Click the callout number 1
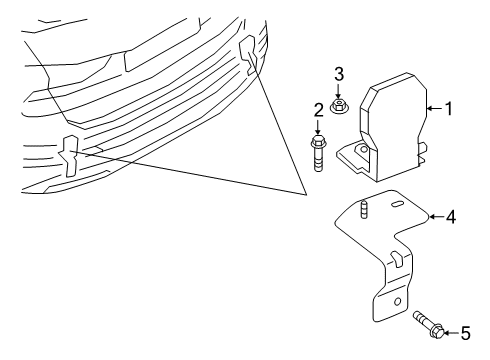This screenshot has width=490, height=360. (x=449, y=109)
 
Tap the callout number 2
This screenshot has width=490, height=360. (x=319, y=110)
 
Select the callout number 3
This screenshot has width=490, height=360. (x=339, y=74)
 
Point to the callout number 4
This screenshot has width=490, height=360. (x=451, y=217)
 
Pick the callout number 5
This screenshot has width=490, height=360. (x=465, y=333)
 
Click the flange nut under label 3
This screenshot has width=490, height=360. (x=339, y=107)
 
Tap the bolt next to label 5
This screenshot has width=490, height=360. (x=428, y=324)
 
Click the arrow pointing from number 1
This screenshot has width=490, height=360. (x=434, y=108)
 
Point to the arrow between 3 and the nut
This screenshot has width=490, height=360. (x=339, y=92)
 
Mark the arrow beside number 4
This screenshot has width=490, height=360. (x=436, y=217)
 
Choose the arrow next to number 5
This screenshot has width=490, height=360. (x=451, y=333)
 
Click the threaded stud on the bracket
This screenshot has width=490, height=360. (x=364, y=210)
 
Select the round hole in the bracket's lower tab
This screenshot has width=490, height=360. (x=397, y=302)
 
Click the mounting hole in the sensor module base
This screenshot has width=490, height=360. (x=362, y=149)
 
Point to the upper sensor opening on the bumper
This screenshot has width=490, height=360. (x=248, y=55)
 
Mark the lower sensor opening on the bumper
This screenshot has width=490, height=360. (x=69, y=155)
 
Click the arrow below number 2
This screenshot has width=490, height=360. (x=318, y=127)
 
